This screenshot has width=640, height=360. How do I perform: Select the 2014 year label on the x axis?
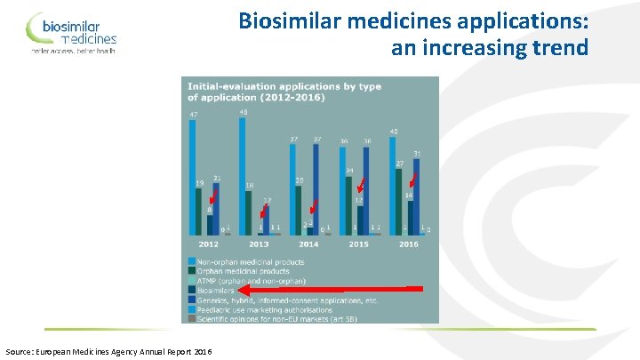308,244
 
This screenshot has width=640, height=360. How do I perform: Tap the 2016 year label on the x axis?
409,244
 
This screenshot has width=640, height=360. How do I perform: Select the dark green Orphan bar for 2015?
349,205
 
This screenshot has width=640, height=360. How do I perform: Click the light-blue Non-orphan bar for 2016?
393,188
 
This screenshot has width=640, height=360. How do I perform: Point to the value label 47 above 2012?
193,114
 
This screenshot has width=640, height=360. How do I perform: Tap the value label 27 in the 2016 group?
400,163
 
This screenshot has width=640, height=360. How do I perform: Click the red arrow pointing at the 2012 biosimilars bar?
212,204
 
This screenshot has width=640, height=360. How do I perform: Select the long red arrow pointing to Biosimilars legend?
330,289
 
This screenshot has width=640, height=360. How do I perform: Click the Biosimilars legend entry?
216,290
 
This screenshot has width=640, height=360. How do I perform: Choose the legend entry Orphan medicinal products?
240,271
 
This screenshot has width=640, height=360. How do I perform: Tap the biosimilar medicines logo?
71,33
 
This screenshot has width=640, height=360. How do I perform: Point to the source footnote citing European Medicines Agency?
108,352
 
